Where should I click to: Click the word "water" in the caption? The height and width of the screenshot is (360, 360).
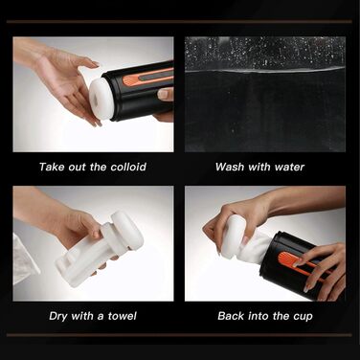(x=289, y=168)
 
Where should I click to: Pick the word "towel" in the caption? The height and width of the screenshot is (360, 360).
(x=123, y=316)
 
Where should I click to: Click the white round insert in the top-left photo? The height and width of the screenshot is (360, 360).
(x=101, y=100)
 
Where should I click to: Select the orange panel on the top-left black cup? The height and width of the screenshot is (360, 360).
(x=146, y=78)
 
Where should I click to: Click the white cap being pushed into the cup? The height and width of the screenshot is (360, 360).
(x=233, y=236)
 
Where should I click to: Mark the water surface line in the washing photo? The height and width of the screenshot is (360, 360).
(x=265, y=71)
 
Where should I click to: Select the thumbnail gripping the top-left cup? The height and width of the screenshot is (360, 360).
(x=163, y=94)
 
